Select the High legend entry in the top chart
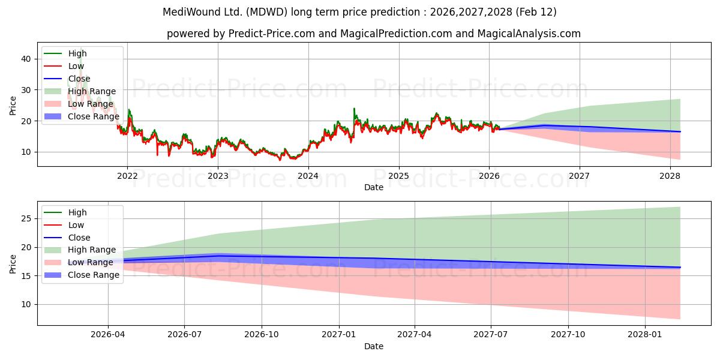pos(77,53)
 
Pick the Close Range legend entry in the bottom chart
pos(94,275)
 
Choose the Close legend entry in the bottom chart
pos(80,238)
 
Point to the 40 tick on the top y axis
pos(26,59)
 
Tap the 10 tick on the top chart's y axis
pos(26,152)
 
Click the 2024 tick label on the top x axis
pos(308,176)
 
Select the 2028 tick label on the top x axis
pos(670,176)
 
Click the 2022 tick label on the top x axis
pos(127,176)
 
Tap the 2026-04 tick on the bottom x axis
pos(108,335)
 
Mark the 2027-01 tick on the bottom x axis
pos(340,335)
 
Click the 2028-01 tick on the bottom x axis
pos(645,335)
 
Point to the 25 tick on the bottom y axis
pos(26,218)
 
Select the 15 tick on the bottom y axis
pos(26,275)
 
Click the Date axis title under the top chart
pos(374,187)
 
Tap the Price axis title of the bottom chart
pos(13,263)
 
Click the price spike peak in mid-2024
pos(354,109)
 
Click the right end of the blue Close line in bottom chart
pos(680,267)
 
